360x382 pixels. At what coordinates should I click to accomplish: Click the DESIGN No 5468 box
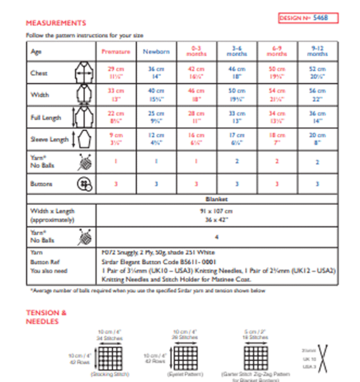coord(304,18)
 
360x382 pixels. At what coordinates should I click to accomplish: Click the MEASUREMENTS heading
coord(56,23)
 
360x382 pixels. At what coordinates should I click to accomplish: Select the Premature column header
coord(116,52)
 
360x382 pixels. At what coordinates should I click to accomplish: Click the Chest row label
coord(39,73)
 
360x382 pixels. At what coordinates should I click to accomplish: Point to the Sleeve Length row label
coord(45,140)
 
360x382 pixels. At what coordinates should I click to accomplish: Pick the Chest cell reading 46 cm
coord(237,72)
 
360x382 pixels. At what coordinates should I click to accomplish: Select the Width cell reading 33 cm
coord(116,94)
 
